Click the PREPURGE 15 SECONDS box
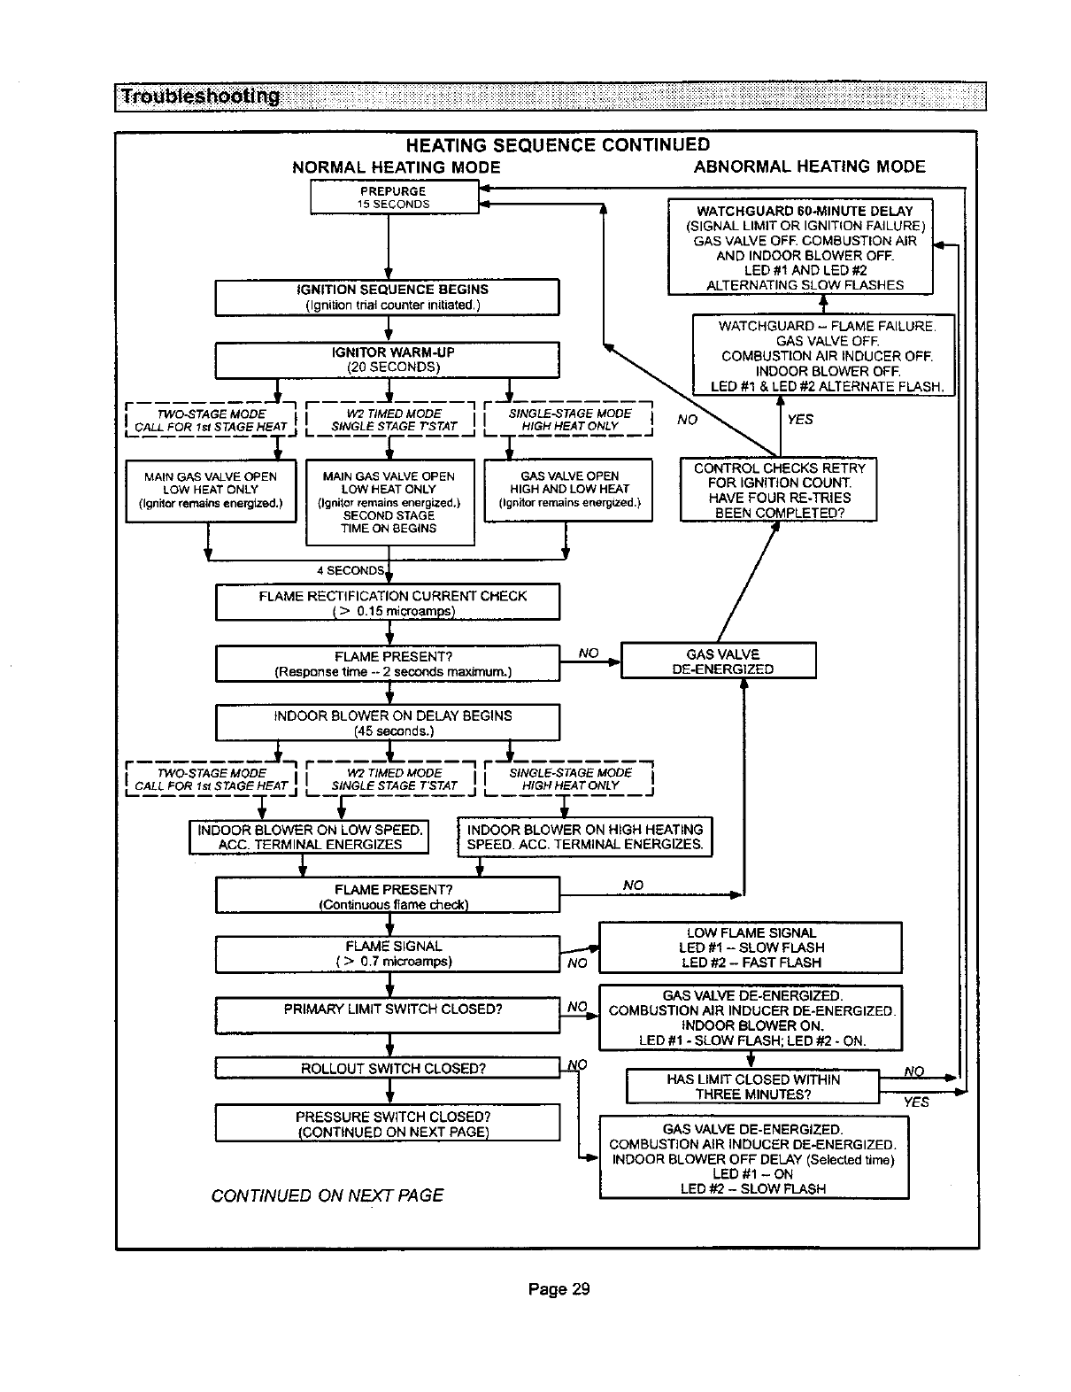[393, 197]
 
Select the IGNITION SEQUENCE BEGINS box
[388, 297]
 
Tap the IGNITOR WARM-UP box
[388, 360]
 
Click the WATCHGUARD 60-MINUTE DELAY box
[799, 247]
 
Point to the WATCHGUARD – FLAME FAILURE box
[823, 355]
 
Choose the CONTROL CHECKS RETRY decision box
[778, 490]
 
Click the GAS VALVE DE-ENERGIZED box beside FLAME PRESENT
[718, 661]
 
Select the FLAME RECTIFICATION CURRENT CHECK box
[388, 603]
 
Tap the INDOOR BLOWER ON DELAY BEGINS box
[388, 723]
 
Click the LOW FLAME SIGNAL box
[750, 947]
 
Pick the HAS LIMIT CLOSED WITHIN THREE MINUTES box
[752, 1087]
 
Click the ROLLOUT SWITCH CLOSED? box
[388, 1069]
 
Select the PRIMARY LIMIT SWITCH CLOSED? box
[388, 1015]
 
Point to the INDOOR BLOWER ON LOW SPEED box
[309, 837]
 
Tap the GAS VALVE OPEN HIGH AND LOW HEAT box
[568, 490]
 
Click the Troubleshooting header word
[200, 97]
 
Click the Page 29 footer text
[558, 1288]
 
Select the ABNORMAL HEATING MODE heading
[809, 166]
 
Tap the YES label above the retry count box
[799, 420]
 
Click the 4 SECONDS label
[351, 570]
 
